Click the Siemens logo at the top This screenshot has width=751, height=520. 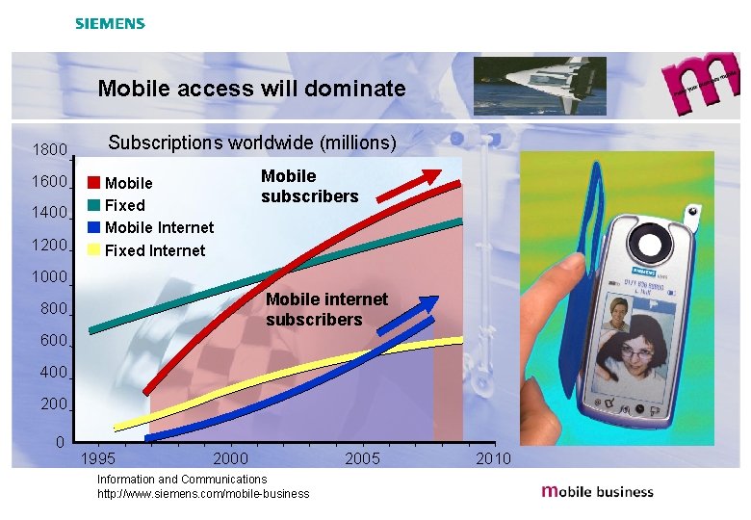click(x=110, y=23)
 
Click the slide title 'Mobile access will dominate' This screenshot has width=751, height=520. click(x=251, y=90)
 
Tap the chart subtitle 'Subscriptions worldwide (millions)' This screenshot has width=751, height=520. click(x=251, y=143)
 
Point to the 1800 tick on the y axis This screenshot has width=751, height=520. click(x=49, y=150)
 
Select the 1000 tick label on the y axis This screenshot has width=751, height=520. click(x=49, y=277)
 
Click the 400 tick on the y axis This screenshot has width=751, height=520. click(x=54, y=373)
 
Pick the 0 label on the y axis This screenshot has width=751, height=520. click(x=60, y=443)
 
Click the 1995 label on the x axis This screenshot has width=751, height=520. click(x=100, y=458)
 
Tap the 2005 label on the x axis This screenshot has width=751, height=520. click(x=362, y=458)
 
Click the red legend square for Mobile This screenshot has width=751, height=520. click(x=93, y=182)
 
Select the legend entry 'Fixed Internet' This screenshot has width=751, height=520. click(x=154, y=250)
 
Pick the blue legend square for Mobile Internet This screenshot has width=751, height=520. click(x=93, y=227)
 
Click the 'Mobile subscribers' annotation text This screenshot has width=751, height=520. click(x=309, y=186)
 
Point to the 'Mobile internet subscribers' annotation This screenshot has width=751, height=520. click(x=326, y=309)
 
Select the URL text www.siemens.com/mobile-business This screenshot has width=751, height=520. click(x=203, y=494)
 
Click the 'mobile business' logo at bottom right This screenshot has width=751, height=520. click(x=597, y=491)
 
